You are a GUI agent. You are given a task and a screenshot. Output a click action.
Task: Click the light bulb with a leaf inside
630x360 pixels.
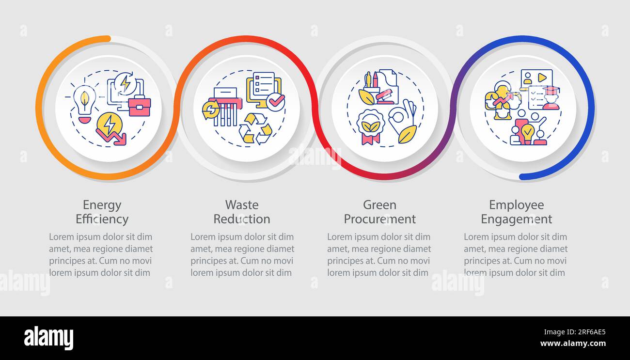[84, 104]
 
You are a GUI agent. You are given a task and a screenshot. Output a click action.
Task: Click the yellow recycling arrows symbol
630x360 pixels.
[255, 129]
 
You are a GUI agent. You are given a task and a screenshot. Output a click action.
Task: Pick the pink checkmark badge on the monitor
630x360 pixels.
[276, 102]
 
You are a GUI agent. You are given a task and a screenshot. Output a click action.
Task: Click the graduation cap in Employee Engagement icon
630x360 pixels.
[551, 91]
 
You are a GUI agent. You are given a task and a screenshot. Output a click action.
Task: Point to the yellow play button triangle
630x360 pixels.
[542, 78]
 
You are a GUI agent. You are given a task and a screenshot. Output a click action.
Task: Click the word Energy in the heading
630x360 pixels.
[102, 205]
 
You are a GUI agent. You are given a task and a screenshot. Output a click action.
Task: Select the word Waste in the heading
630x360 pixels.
[242, 205]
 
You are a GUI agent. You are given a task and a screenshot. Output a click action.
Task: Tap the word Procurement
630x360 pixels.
[379, 219]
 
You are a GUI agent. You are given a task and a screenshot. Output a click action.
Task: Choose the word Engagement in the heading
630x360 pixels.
[517, 219]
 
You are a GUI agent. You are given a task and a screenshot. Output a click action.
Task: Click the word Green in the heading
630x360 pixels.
[379, 205]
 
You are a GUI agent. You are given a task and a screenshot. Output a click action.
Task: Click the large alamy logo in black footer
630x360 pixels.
[48, 338]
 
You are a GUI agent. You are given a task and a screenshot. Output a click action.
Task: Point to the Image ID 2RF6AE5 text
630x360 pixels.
[575, 332]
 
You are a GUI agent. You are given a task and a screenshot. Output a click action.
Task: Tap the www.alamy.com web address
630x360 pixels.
[573, 344]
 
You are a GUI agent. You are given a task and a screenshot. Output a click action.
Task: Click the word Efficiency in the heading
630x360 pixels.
[102, 219]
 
